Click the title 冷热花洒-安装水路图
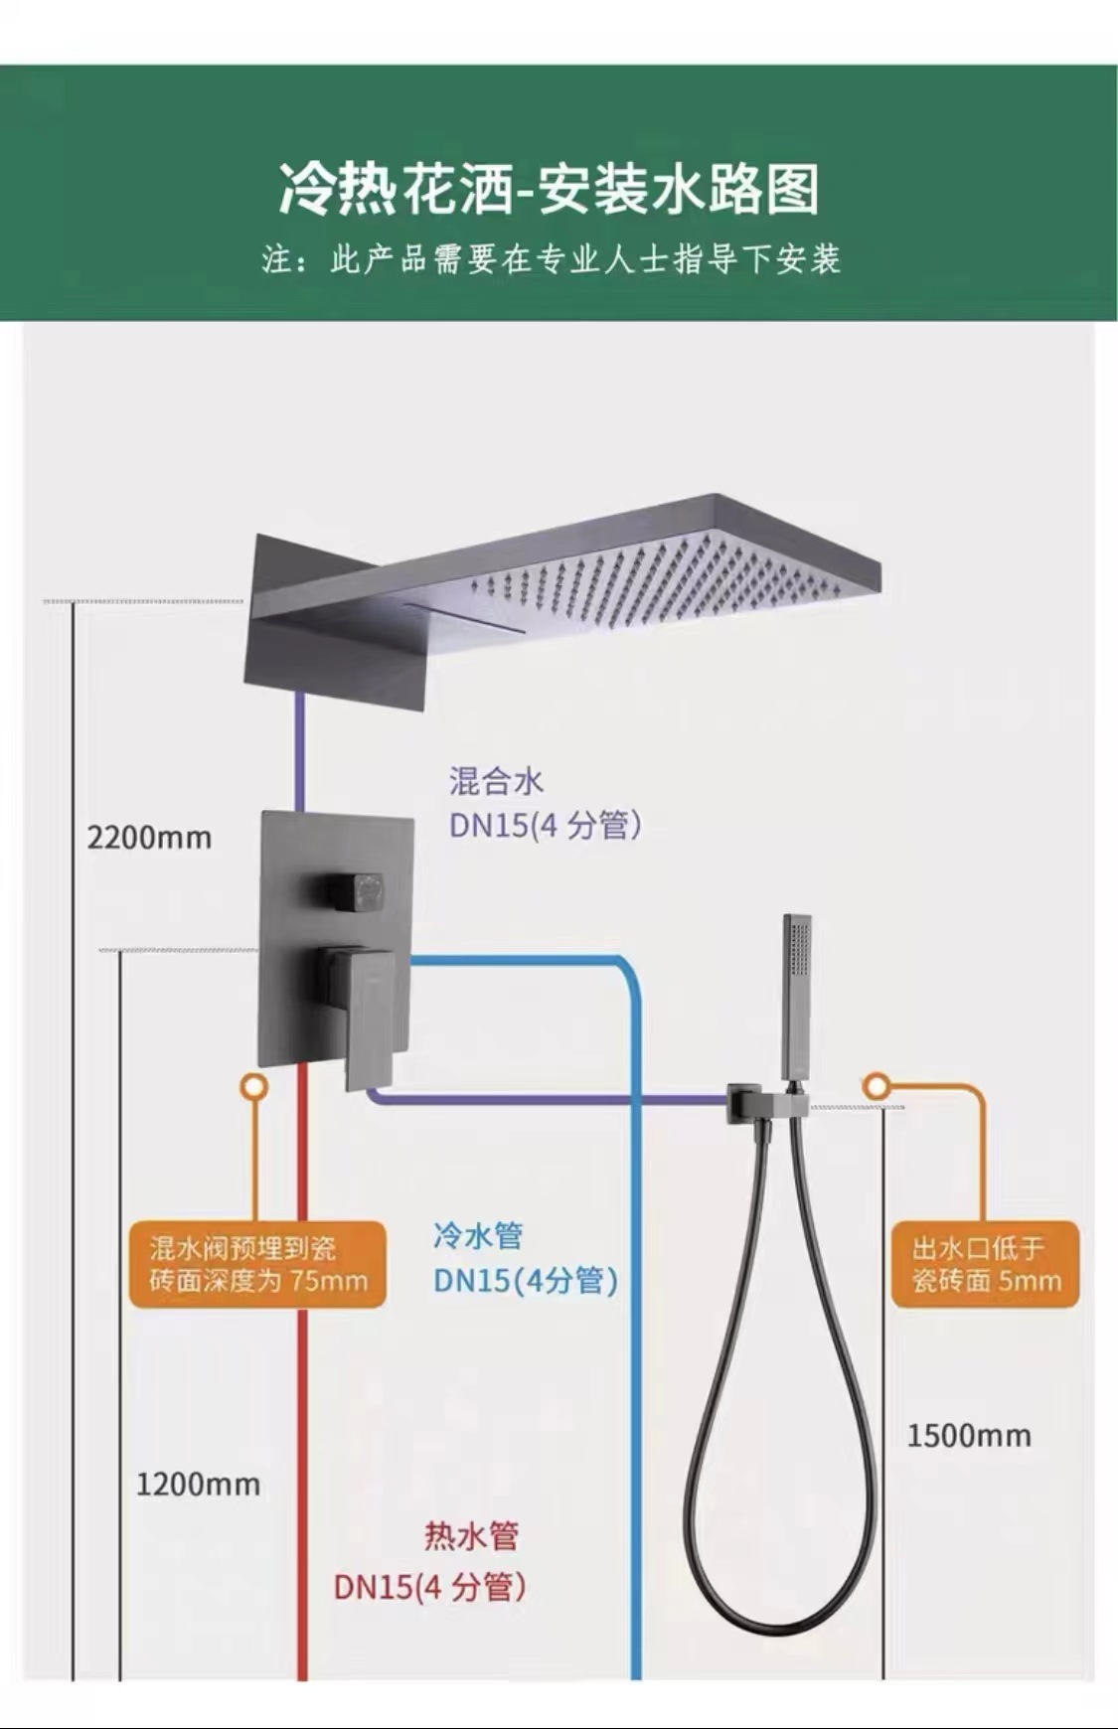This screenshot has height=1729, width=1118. click(549, 190)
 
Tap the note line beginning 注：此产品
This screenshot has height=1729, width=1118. click(552, 259)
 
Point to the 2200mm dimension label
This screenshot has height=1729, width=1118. click(149, 838)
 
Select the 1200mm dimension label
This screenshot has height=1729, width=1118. click(198, 1485)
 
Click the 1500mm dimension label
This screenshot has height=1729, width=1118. click(969, 1435)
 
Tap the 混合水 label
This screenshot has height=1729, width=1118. click(496, 781)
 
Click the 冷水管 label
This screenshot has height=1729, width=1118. click(478, 1236)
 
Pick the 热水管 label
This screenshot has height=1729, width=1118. click(471, 1536)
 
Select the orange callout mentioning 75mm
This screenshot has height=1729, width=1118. click(258, 1264)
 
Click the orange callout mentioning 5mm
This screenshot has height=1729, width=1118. click(986, 1264)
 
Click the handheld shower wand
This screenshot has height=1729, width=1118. click(796, 994)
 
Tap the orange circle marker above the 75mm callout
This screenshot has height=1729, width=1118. click(254, 1086)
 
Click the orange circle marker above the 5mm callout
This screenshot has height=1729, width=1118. click(876, 1086)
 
